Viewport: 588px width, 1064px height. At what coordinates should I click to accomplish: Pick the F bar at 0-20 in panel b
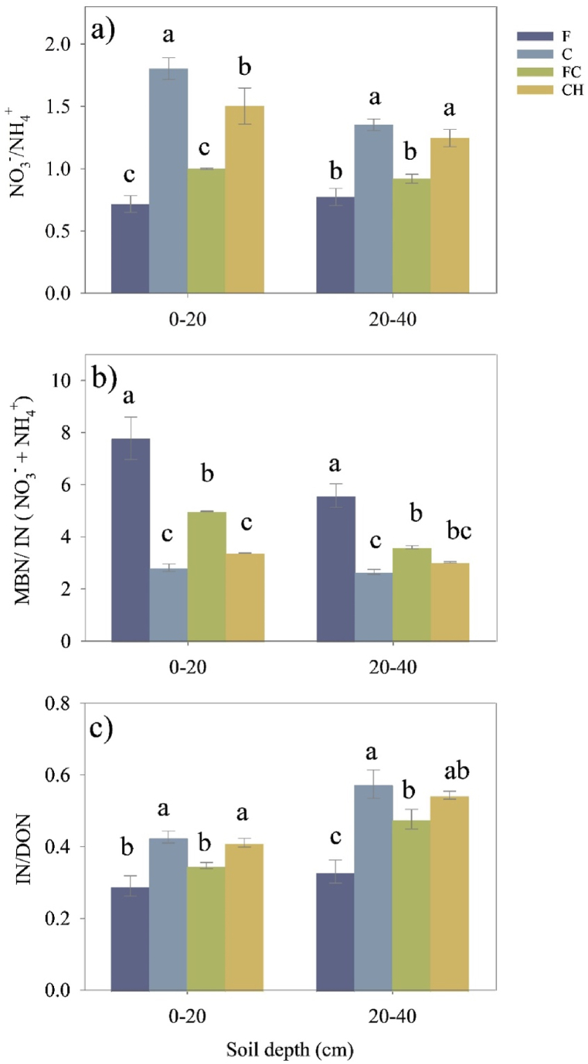point(131,540)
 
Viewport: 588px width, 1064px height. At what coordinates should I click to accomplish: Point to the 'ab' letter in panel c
point(450,770)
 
